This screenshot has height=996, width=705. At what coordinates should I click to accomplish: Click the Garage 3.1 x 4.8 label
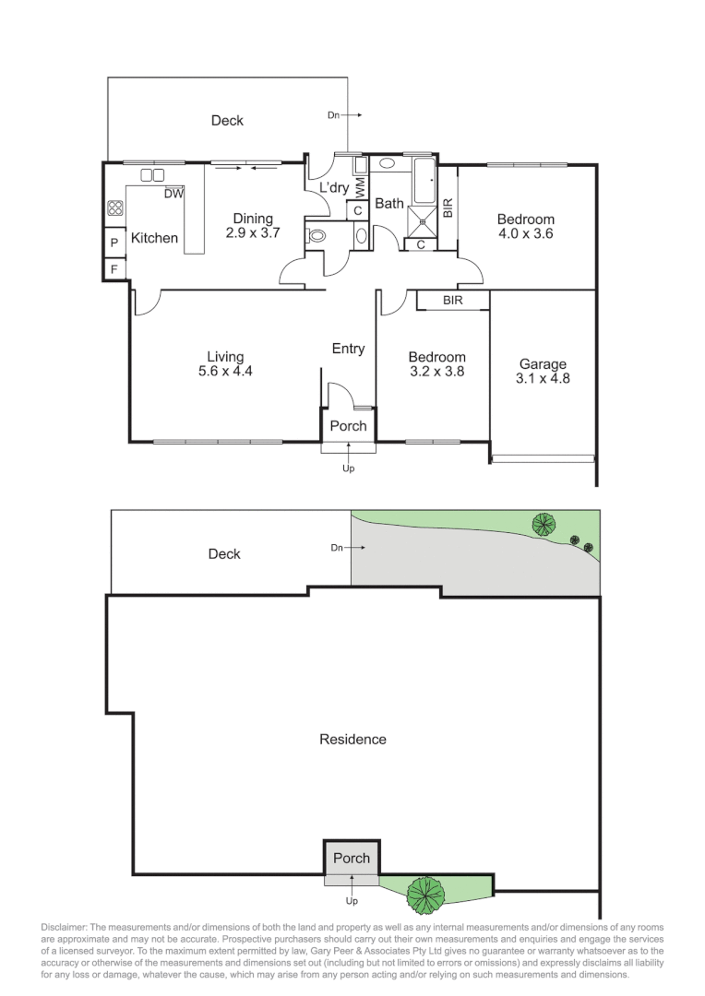(543, 371)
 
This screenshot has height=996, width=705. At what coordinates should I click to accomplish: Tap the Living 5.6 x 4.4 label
(225, 364)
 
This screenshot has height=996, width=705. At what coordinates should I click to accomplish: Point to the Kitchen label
(154, 238)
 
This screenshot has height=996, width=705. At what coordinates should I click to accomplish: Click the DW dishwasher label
(173, 194)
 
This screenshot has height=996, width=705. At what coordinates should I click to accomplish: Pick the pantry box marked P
(114, 243)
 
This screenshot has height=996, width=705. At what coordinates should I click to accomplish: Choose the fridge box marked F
(114, 269)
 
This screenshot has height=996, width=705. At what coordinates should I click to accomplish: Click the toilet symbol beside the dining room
(316, 236)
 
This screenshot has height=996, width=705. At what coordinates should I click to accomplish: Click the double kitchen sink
(152, 175)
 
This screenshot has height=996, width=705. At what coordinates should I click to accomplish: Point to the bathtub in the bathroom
(425, 182)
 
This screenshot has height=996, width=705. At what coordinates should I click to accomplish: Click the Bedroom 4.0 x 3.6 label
(525, 226)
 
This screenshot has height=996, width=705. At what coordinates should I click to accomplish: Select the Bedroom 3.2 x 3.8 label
(437, 364)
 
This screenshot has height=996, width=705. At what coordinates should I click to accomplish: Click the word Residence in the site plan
(352, 739)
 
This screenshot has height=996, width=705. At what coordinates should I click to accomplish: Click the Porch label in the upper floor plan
(348, 426)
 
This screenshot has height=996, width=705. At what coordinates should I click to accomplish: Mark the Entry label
(348, 349)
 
